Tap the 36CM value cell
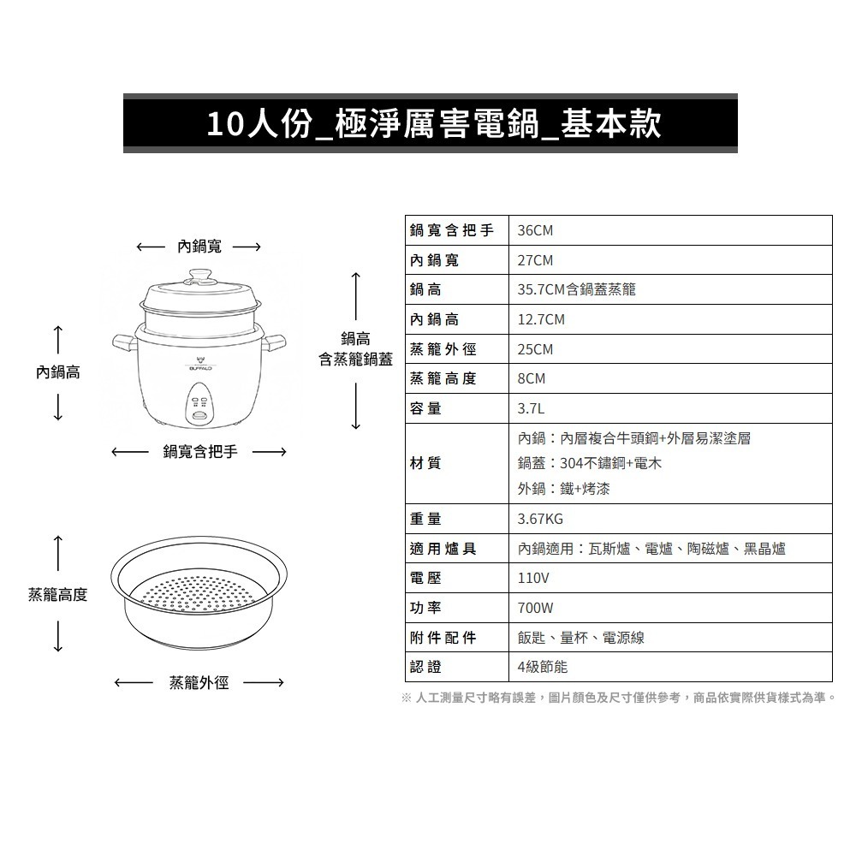coord(536,231)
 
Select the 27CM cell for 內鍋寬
coord(536,260)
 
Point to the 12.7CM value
coord(541,319)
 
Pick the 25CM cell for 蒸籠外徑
coord(536,349)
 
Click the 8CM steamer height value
coord(532,378)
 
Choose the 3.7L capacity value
coord(532,408)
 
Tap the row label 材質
coord(425,463)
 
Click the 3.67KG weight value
coord(541,519)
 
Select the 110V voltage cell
coord(533,578)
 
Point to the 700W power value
coord(536,608)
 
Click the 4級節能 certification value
coord(543,666)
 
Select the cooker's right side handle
coord(276,343)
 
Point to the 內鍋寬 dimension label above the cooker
coord(199,247)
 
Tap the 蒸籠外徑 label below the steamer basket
coord(199,682)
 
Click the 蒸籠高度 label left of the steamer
coord(57,594)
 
